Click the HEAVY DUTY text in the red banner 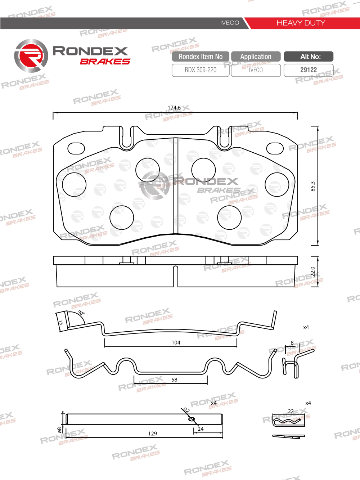(x=301, y=23)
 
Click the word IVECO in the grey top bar (x=229, y=23)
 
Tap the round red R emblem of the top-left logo (x=31, y=56)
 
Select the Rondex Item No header (x=201, y=57)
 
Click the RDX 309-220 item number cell (x=201, y=70)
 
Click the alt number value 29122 (x=309, y=70)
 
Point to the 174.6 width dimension (x=174, y=108)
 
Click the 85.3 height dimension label (x=313, y=186)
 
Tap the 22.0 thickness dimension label (x=313, y=272)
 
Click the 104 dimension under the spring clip (x=176, y=342)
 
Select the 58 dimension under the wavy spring (x=174, y=380)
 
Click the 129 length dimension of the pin (x=153, y=434)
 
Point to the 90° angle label (x=81, y=313)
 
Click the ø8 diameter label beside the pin (x=59, y=430)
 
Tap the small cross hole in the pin (x=192, y=419)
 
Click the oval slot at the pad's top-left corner (x=76, y=148)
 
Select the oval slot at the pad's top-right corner (x=275, y=148)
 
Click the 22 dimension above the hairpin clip (x=291, y=411)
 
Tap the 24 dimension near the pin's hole (x=201, y=429)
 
